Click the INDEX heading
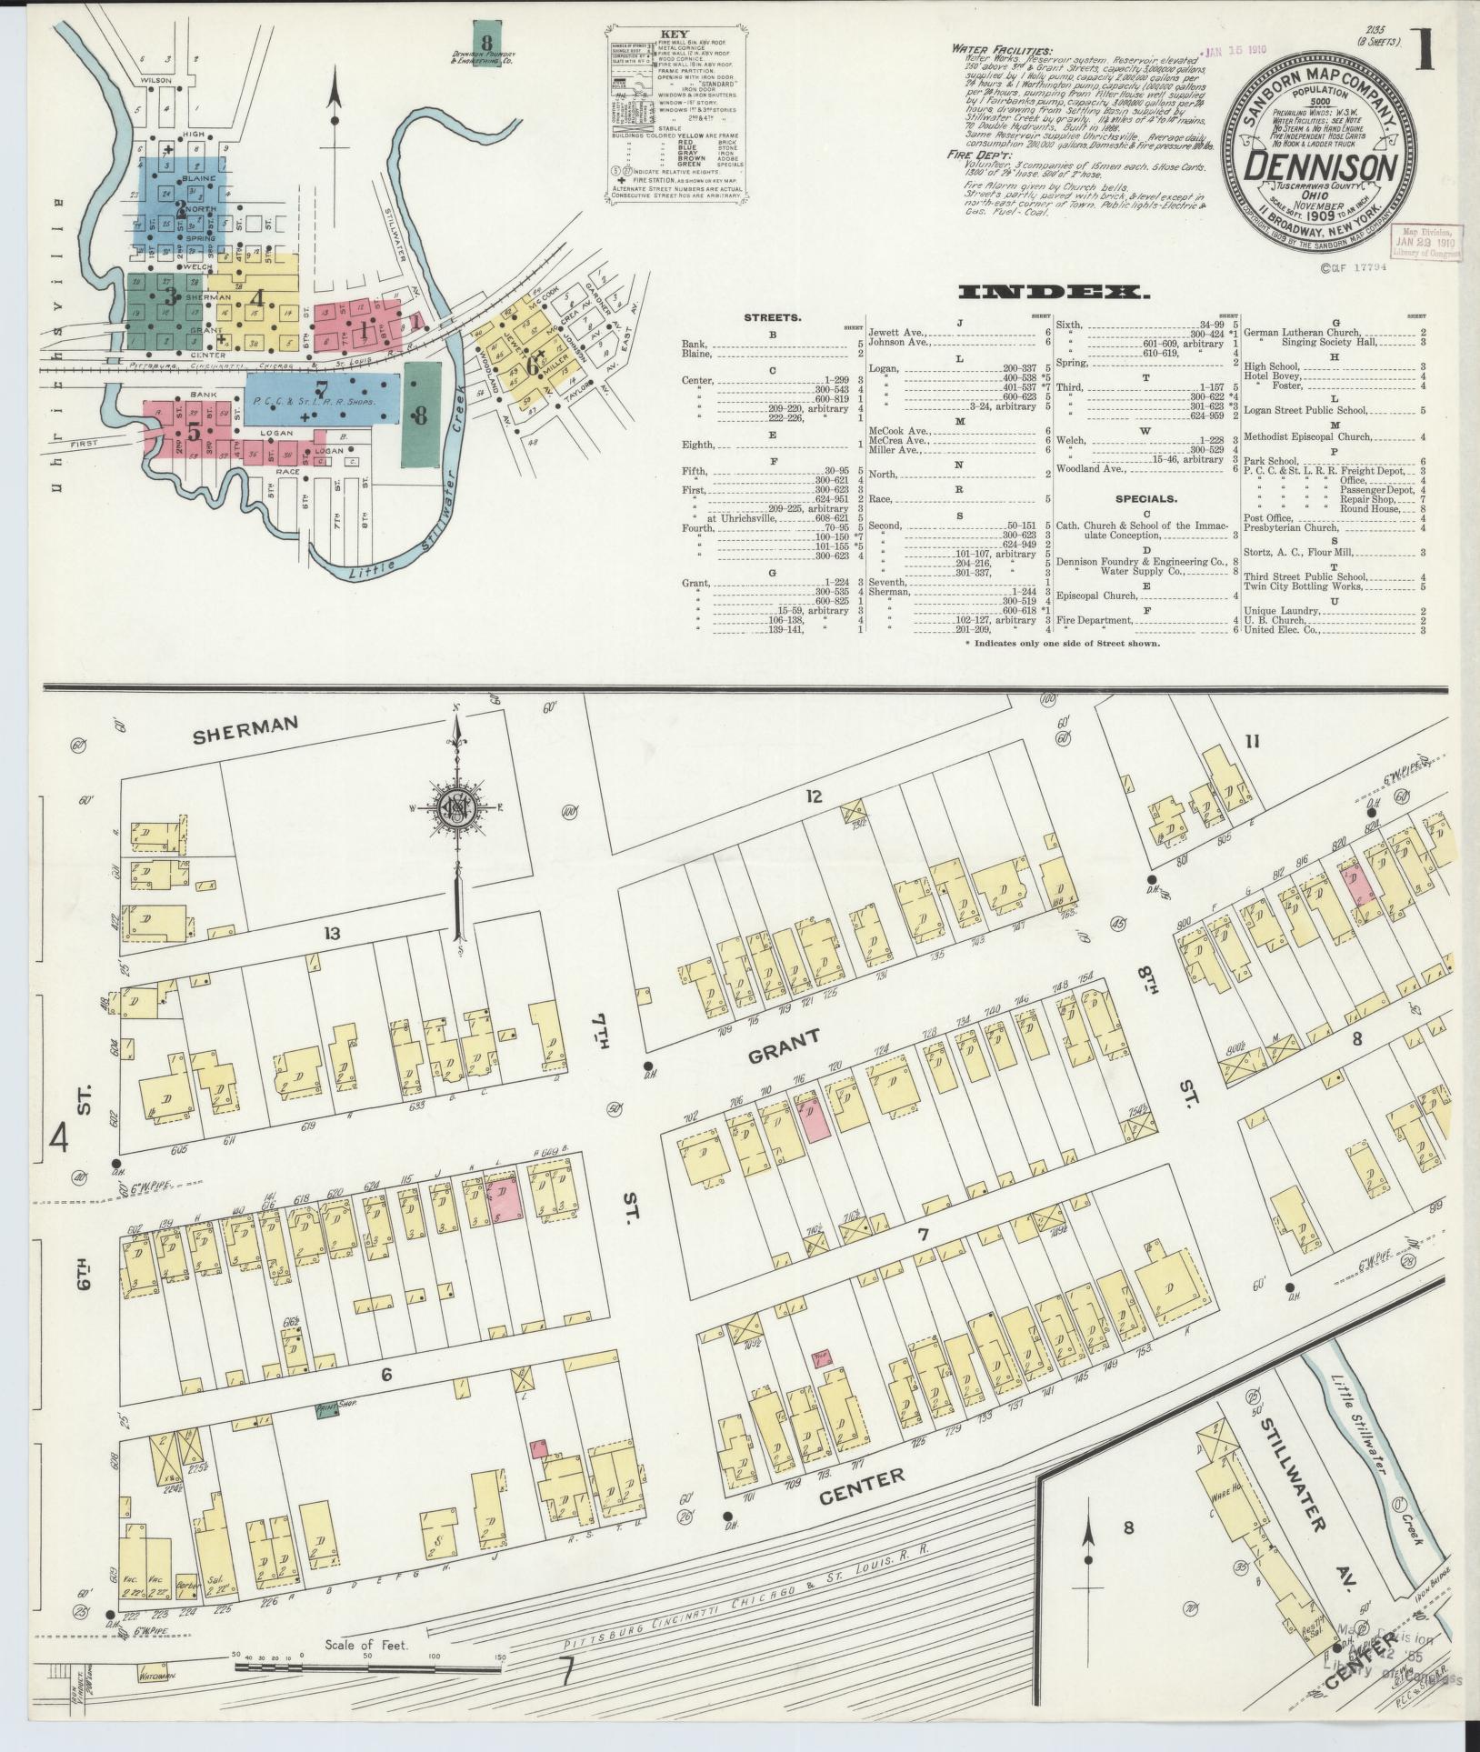coord(1055,292)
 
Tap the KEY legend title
coord(675,35)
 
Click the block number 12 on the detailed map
coord(814,796)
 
